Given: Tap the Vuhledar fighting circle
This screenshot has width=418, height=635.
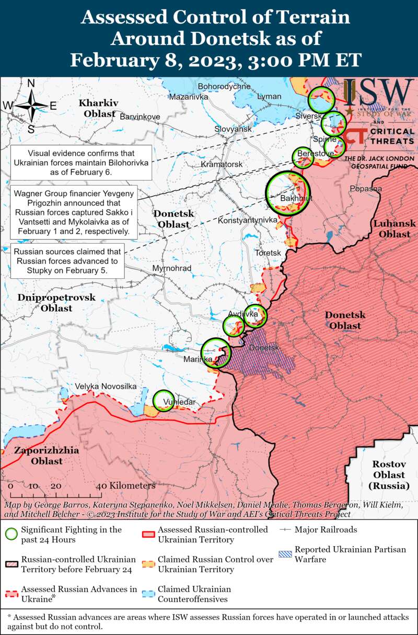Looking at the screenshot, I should [164, 401].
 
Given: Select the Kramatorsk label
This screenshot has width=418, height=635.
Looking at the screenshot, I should [222, 164].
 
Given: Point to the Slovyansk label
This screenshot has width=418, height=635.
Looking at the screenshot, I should [233, 129].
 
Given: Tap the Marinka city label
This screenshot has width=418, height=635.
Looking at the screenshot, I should [198, 359].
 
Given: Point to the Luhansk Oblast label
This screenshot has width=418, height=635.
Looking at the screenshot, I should [394, 229].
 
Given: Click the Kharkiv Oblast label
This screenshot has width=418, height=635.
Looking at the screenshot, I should [99, 107].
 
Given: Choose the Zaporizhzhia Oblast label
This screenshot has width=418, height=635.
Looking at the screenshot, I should [47, 456].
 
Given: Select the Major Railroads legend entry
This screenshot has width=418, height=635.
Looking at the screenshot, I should [326, 530].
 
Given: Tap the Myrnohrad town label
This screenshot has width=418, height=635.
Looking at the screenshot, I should [171, 268].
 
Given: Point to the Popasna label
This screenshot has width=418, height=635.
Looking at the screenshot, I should [366, 188].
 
